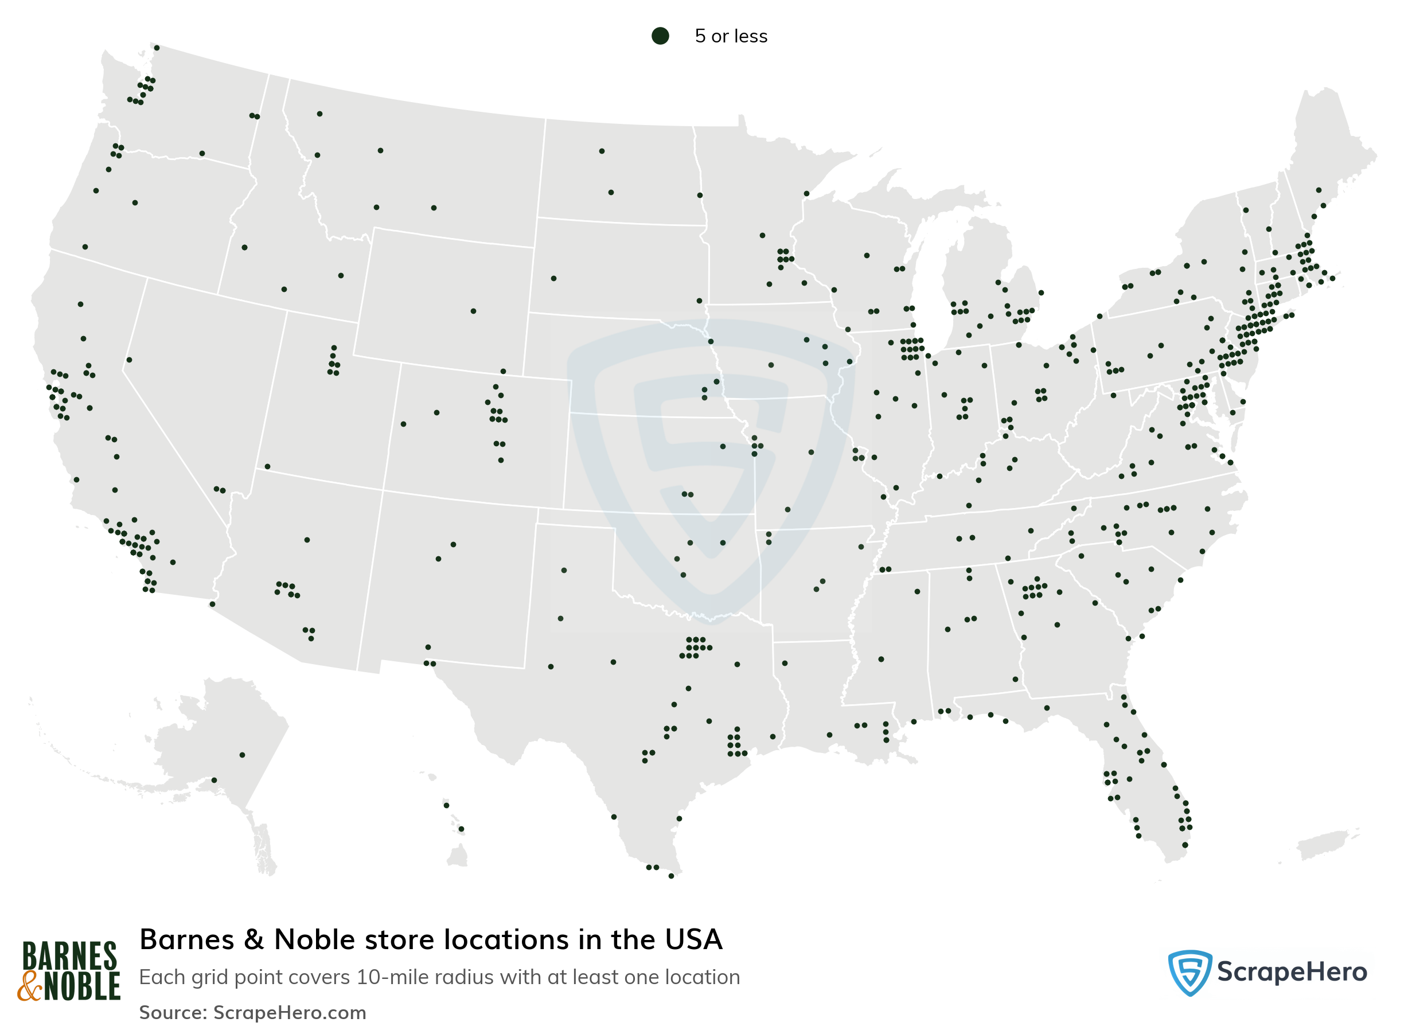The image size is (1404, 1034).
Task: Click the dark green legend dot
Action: click(x=660, y=36)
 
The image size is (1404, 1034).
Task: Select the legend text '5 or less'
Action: click(x=731, y=36)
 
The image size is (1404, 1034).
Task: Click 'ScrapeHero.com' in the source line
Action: click(x=290, y=1013)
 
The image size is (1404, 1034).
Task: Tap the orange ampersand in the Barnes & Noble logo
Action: click(x=29, y=987)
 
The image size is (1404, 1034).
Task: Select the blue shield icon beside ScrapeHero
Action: click(x=1189, y=972)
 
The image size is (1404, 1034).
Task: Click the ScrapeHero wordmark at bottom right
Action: click(x=1292, y=973)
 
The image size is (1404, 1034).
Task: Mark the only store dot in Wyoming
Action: click(x=473, y=311)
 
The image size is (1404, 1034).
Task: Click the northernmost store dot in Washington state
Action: click(x=157, y=48)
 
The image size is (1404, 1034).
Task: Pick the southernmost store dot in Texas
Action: click(x=671, y=876)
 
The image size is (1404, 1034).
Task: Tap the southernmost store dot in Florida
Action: click(x=1185, y=845)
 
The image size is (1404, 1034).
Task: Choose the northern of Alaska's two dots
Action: click(x=242, y=755)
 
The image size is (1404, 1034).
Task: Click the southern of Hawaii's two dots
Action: click(x=461, y=829)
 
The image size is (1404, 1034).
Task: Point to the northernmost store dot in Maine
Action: click(x=1318, y=190)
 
